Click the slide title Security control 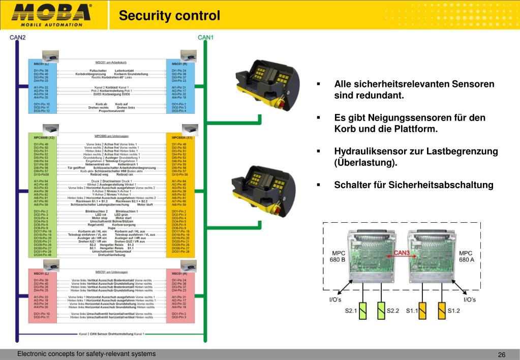click(170, 16)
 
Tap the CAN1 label click(206, 37)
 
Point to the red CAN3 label click(402, 253)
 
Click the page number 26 click(501, 354)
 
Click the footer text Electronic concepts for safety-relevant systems click(86, 354)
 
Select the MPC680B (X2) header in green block click(44, 137)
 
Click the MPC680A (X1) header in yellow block click(182, 137)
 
